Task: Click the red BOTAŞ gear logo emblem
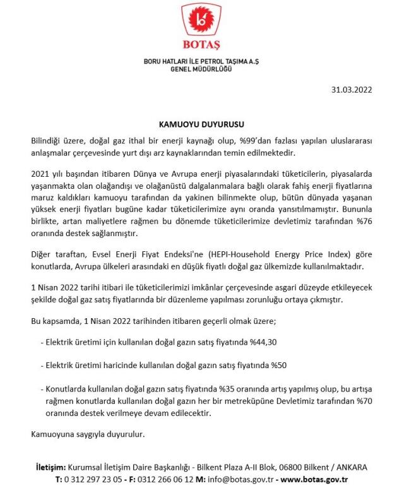[x=201, y=22]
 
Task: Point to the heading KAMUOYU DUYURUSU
[x=201, y=124]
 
